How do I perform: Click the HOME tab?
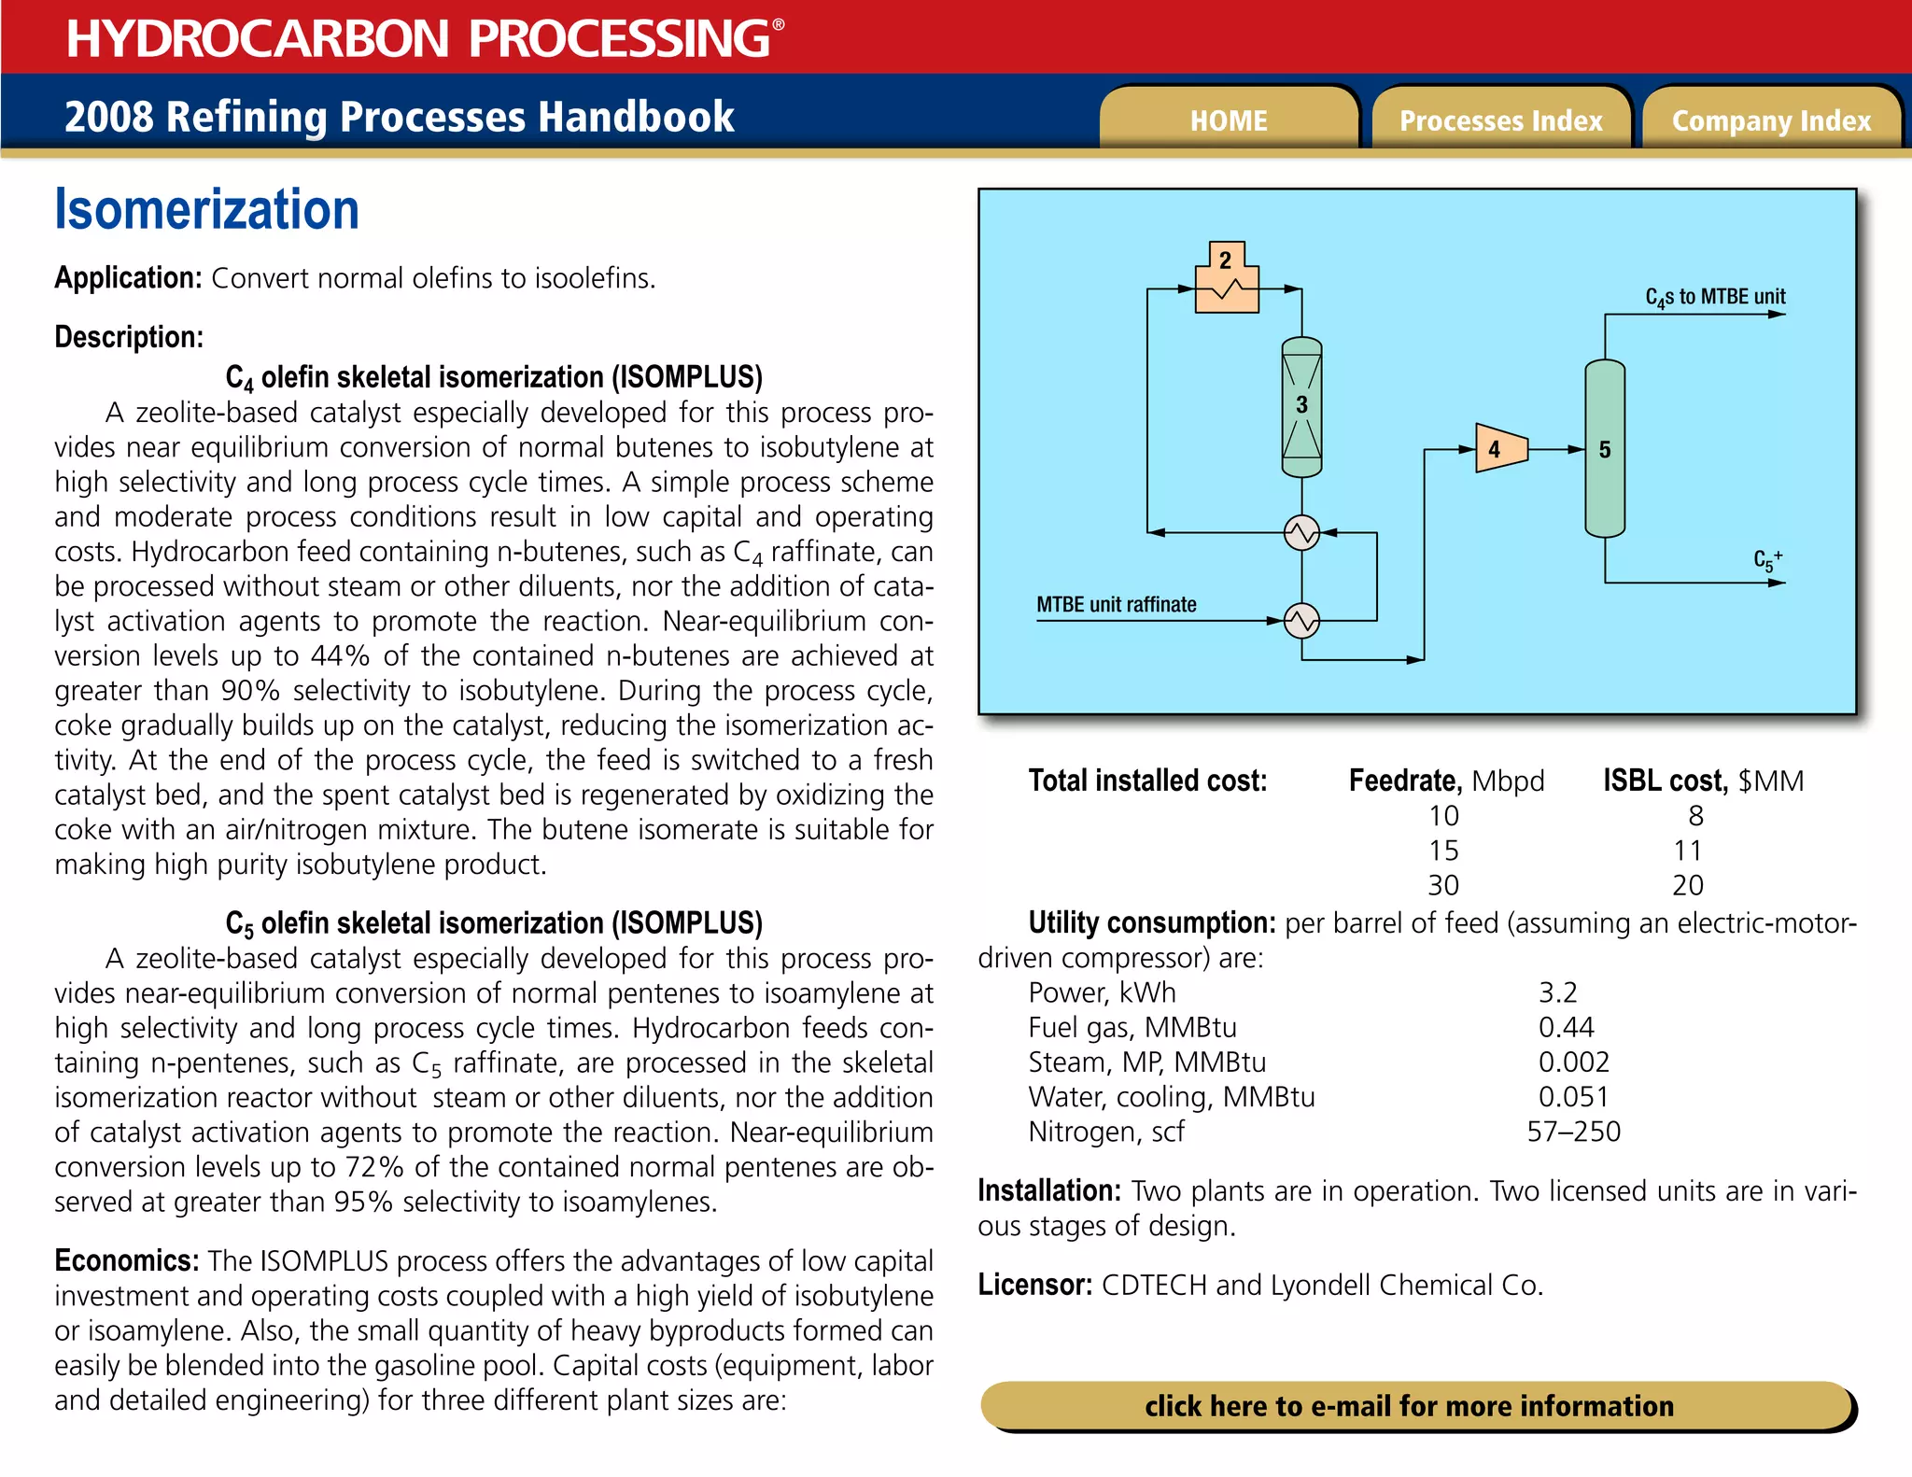pyautogui.click(x=1228, y=120)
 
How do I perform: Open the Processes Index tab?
pyautogui.click(x=1500, y=120)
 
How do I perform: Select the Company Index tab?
pyautogui.click(x=1771, y=120)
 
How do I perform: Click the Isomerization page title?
pyautogui.click(x=206, y=209)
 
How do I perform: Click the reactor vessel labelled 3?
pyautogui.click(x=1301, y=406)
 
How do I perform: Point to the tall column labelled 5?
pyautogui.click(x=1605, y=449)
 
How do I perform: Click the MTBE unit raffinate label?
pyautogui.click(x=1116, y=604)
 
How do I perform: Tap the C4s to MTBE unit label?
pyautogui.click(x=1715, y=297)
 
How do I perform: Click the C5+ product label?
pyautogui.click(x=1766, y=560)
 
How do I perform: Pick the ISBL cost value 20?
pyautogui.click(x=1687, y=885)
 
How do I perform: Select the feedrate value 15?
pyautogui.click(x=1443, y=851)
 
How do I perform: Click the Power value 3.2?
pyautogui.click(x=1557, y=992)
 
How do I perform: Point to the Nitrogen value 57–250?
pyautogui.click(x=1573, y=1132)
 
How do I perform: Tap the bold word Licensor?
pyautogui.click(x=1034, y=1285)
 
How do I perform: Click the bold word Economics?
pyautogui.click(x=126, y=1260)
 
